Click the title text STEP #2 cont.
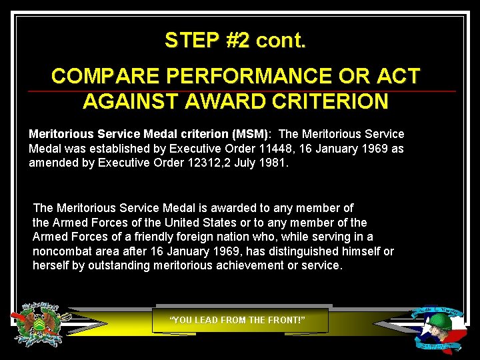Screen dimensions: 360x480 pos(235,41)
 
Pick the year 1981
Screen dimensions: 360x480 pos(274,162)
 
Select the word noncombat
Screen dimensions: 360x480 pos(63,251)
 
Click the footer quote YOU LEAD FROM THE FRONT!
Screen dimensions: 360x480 pos(238,320)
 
